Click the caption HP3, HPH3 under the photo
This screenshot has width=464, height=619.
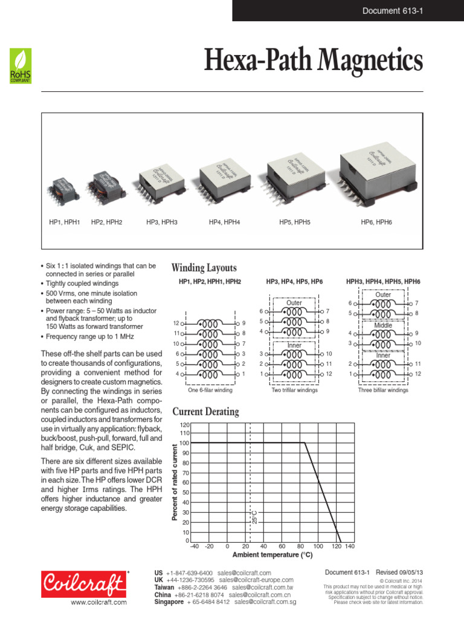coord(161,222)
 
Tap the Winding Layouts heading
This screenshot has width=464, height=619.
coord(204,268)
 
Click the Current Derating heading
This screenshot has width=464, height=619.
coord(205,412)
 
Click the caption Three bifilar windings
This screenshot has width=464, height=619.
coord(383,391)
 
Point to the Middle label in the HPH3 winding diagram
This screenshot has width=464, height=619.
coord(383,325)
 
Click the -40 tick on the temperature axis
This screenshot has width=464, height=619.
coord(194,546)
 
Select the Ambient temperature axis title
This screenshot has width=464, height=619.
coord(272,555)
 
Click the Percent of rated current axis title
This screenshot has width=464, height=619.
coord(176,482)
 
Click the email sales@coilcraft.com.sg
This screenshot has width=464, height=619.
coord(265,602)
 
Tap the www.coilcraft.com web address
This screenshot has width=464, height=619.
coord(98,603)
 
